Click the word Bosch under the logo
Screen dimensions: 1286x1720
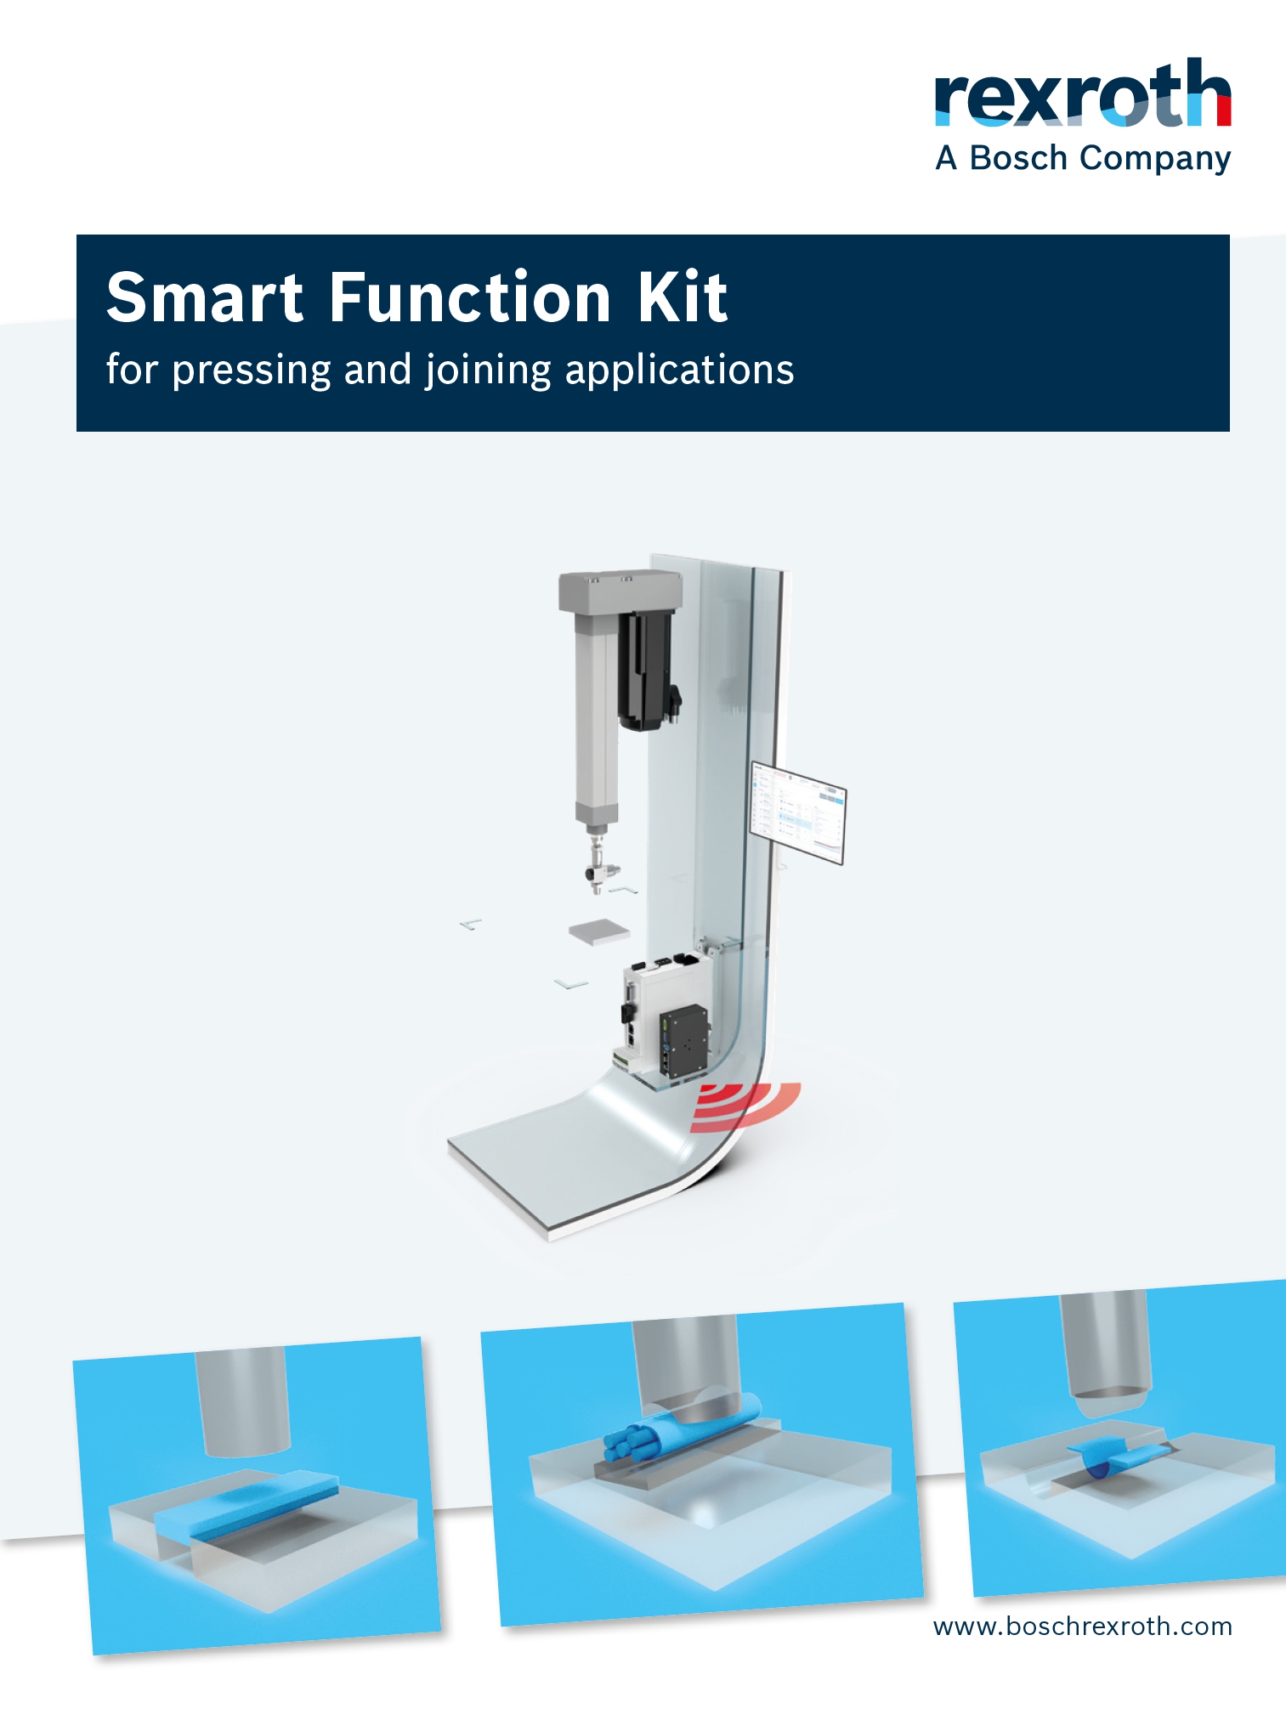(1018, 158)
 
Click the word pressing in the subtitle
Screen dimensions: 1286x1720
(252, 371)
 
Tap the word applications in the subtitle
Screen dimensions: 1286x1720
(680, 371)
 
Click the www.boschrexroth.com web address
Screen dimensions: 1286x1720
(1083, 1627)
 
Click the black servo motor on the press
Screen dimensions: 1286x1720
(649, 668)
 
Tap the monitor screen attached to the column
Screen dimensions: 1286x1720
(797, 813)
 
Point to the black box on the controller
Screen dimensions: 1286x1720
(683, 1041)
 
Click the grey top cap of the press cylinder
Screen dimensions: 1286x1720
(620, 591)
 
